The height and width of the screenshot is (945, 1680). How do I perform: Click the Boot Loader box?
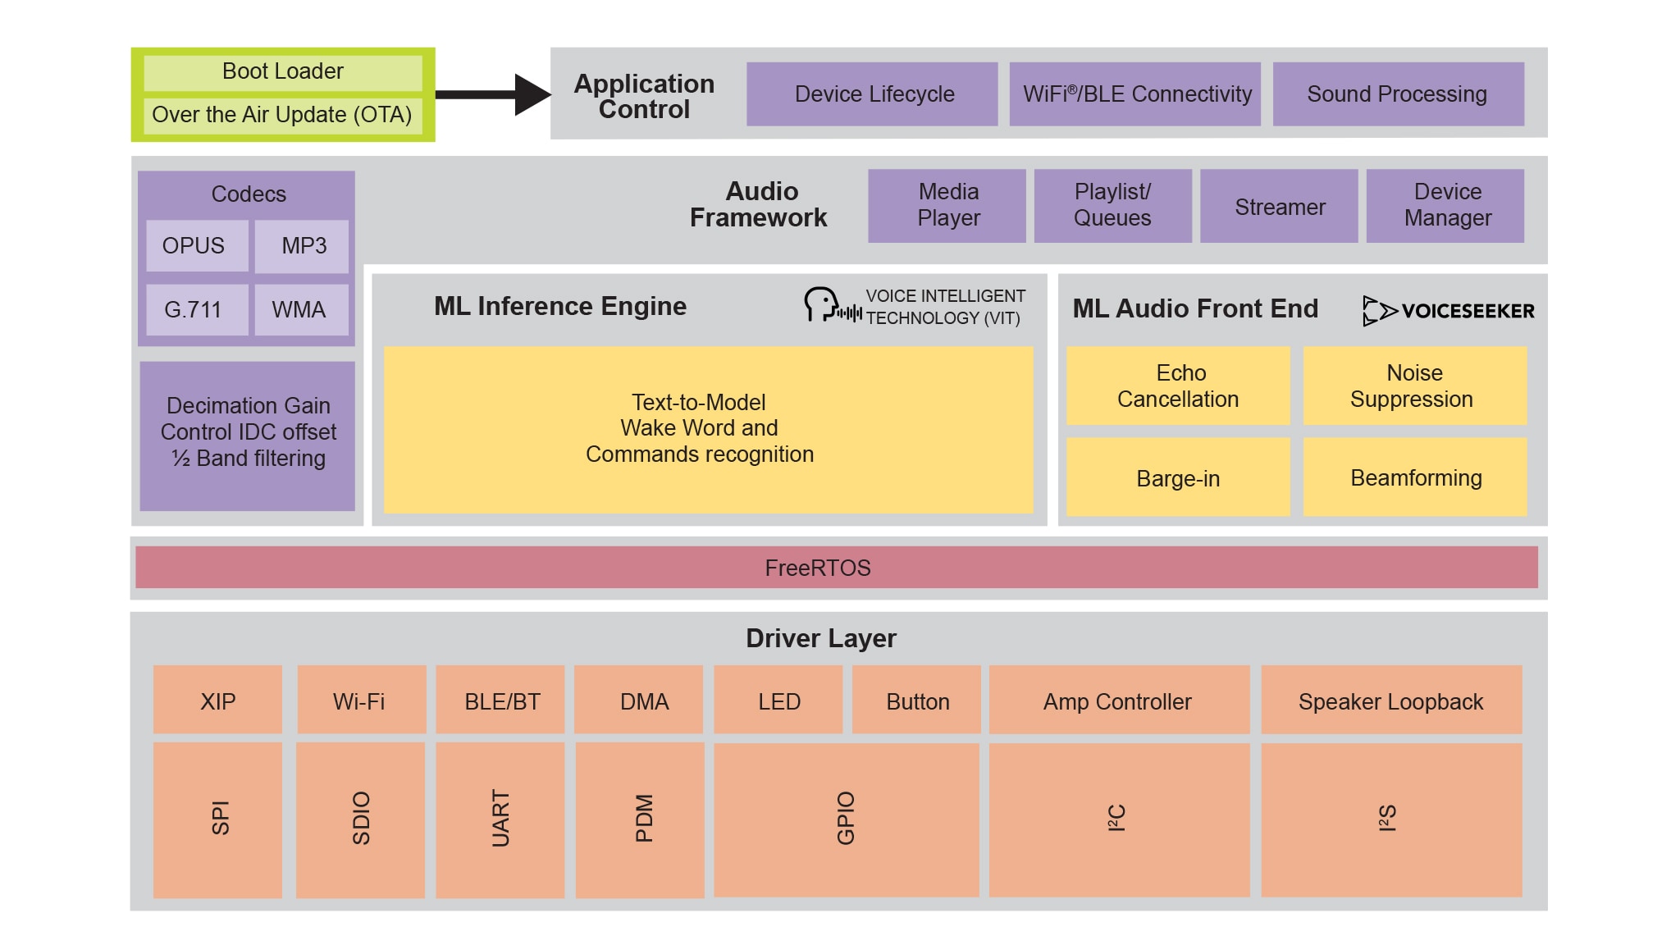pos(282,72)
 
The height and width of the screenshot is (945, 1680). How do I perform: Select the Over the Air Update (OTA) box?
pos(282,115)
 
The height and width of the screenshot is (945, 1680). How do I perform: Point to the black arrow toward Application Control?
pos(492,94)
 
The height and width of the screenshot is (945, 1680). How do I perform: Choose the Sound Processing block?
pos(1398,94)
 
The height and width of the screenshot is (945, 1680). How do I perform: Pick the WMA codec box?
pos(300,310)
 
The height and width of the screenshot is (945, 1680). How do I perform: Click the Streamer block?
pos(1279,207)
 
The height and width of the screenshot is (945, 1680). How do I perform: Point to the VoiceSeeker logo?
pos(1448,311)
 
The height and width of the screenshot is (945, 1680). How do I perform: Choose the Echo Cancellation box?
pos(1178,386)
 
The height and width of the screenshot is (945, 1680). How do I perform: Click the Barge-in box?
pos(1178,477)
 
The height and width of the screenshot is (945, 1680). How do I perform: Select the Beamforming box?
pos(1415,477)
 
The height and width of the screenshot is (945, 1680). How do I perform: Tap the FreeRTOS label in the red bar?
pos(818,568)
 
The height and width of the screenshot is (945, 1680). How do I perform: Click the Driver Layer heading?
pos(820,638)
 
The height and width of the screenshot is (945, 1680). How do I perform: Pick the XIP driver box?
pos(217,701)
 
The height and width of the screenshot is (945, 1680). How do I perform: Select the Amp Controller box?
pos(1118,701)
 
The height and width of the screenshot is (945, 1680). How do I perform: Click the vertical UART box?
pos(500,819)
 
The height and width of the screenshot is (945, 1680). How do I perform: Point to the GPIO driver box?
pos(846,819)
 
